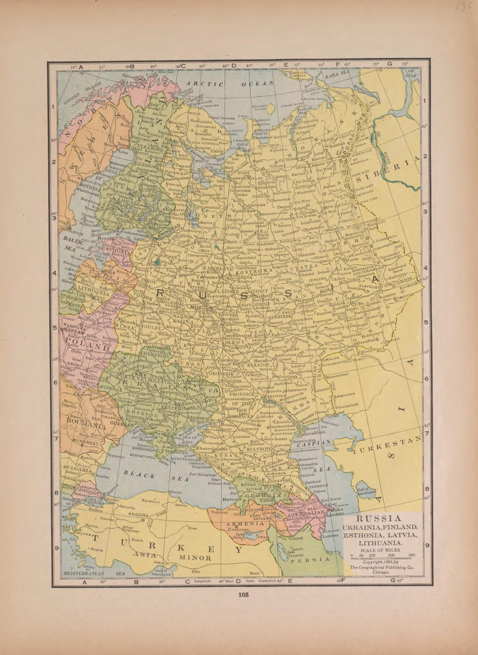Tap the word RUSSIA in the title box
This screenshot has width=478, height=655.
tap(378, 518)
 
